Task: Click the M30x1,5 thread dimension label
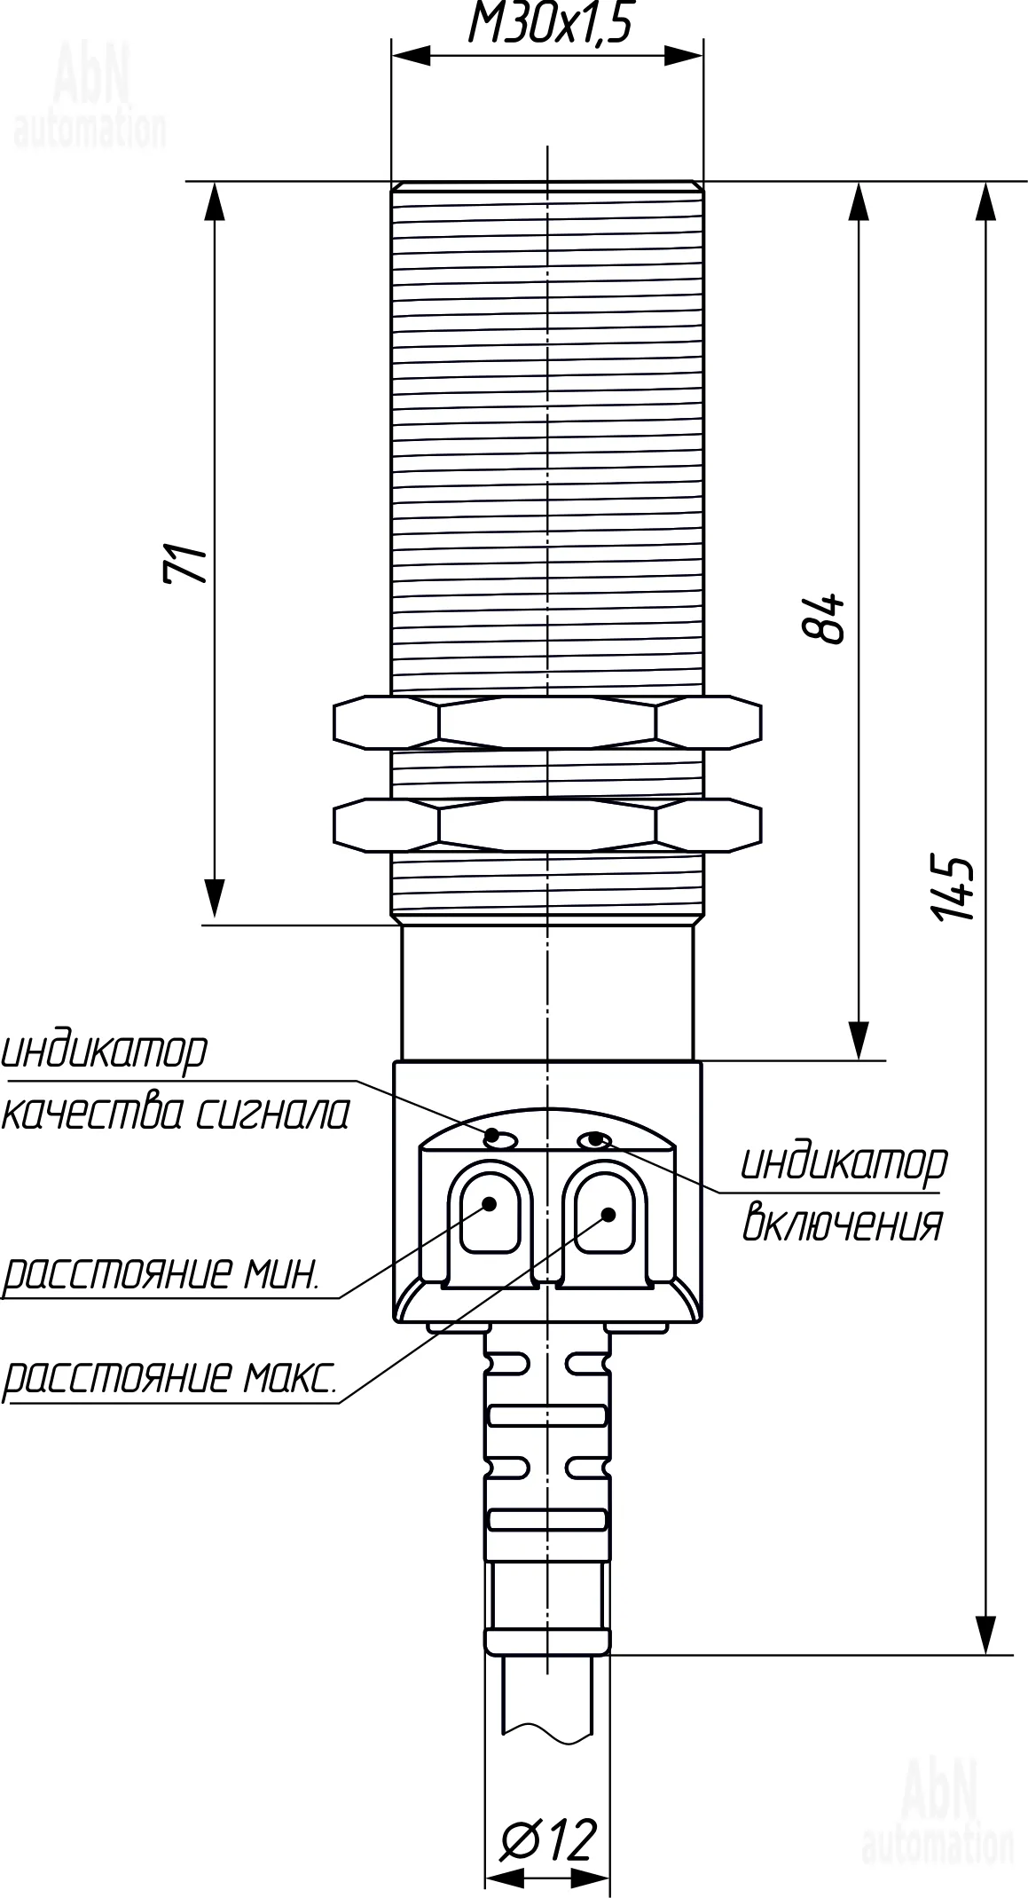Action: point(549,24)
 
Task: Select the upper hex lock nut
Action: point(547,721)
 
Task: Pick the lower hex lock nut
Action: point(547,825)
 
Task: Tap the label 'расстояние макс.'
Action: point(169,1378)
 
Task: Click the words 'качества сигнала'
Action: point(176,1114)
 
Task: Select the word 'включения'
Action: point(842,1224)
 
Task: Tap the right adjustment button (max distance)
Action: point(606,1213)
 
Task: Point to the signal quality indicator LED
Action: point(501,1139)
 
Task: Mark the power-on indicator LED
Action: point(593,1138)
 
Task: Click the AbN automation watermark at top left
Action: point(90,98)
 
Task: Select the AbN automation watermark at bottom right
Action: point(937,1813)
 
